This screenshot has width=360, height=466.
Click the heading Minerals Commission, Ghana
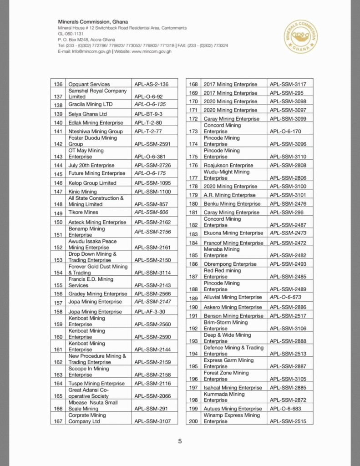click(x=93, y=22)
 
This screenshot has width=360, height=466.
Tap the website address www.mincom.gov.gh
click(x=152, y=51)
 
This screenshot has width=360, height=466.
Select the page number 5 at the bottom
click(x=180, y=441)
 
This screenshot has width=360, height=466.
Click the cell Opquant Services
click(x=89, y=84)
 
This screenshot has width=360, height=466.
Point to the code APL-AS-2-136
click(x=152, y=84)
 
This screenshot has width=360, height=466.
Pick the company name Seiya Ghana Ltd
click(x=88, y=114)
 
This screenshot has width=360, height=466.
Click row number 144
click(x=58, y=165)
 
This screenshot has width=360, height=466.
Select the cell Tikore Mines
click(x=83, y=213)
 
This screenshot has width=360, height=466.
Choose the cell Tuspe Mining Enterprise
click(x=96, y=384)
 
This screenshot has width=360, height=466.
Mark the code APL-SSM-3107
click(x=153, y=421)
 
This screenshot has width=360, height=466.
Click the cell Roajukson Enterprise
click(x=229, y=165)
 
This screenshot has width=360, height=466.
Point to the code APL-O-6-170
click(x=285, y=132)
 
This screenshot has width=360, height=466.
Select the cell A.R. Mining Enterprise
click(x=230, y=195)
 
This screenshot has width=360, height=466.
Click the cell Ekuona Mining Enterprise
click(x=233, y=233)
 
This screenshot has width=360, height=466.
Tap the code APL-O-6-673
click(x=285, y=297)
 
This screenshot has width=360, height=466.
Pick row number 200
click(x=193, y=421)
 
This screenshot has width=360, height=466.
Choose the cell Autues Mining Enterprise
click(x=233, y=409)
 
